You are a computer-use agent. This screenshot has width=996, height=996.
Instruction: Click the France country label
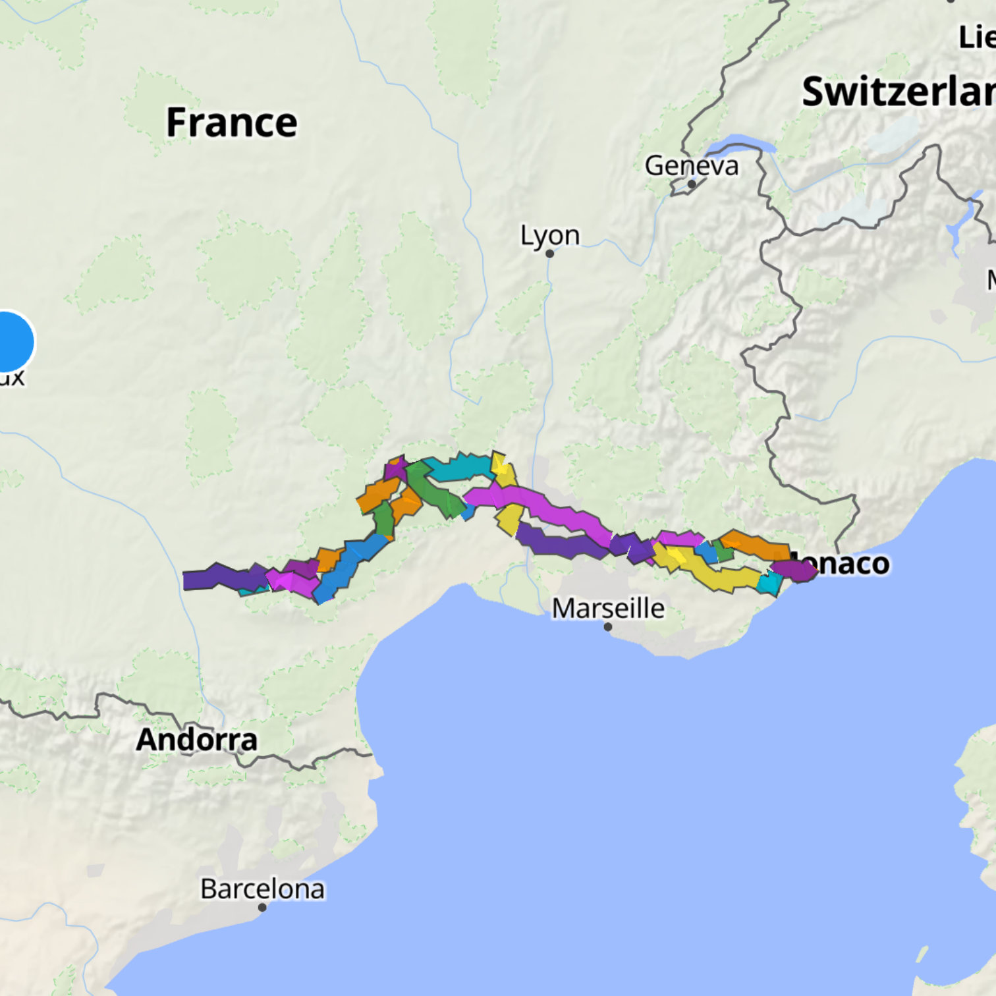point(231,123)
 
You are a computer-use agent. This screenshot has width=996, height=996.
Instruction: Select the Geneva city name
point(691,165)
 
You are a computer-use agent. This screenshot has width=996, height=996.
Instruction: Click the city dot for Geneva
point(692,184)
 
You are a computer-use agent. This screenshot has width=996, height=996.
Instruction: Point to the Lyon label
point(550,235)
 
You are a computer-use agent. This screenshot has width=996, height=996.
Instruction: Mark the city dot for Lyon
point(550,254)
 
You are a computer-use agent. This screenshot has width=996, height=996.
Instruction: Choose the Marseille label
point(608,608)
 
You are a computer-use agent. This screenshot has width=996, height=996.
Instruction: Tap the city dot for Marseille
point(608,627)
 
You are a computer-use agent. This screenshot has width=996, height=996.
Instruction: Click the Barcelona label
point(262,889)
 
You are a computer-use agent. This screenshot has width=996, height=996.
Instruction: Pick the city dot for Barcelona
point(262,907)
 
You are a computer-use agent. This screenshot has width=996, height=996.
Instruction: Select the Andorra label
point(196,739)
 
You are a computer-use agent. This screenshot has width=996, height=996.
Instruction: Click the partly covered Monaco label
point(850,564)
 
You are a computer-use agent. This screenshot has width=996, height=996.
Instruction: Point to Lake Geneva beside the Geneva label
point(738,144)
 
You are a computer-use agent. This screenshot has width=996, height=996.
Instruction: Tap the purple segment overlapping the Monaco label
point(794,570)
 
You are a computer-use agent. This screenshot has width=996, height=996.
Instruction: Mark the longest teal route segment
point(458,468)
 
